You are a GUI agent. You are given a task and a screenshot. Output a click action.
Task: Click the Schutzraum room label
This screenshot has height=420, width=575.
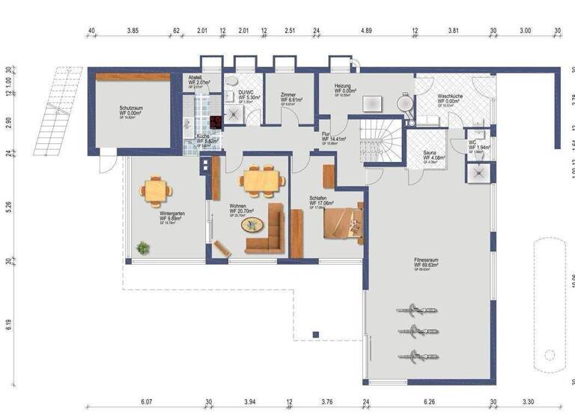coord(132,110)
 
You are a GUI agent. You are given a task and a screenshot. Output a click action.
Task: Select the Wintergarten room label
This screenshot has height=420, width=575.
coord(172,215)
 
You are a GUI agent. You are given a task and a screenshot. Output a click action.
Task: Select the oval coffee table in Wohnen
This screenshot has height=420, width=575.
coord(252,223)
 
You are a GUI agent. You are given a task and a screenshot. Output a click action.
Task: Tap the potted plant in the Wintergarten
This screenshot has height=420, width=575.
coord(142,247)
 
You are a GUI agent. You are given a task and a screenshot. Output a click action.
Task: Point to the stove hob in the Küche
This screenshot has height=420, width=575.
coord(216,123)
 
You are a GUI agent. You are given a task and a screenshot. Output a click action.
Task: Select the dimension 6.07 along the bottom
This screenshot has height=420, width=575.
coord(146,401)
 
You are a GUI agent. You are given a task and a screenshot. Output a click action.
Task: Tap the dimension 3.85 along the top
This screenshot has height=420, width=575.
coord(133,31)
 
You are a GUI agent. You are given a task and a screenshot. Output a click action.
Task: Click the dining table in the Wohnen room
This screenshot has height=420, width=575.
coord(261,180)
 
